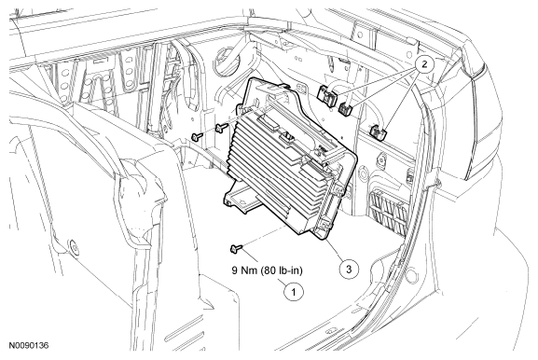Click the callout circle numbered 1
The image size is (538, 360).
tap(294, 292)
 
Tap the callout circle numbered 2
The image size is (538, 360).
tap(424, 64)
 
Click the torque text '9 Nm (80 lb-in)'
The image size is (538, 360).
tap(268, 270)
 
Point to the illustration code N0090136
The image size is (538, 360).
tap(29, 345)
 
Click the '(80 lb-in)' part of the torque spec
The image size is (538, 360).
tap(282, 270)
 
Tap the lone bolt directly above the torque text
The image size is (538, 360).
tap(237, 247)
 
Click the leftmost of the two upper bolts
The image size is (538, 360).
tap(198, 136)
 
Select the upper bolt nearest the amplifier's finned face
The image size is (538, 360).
tap(221, 129)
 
